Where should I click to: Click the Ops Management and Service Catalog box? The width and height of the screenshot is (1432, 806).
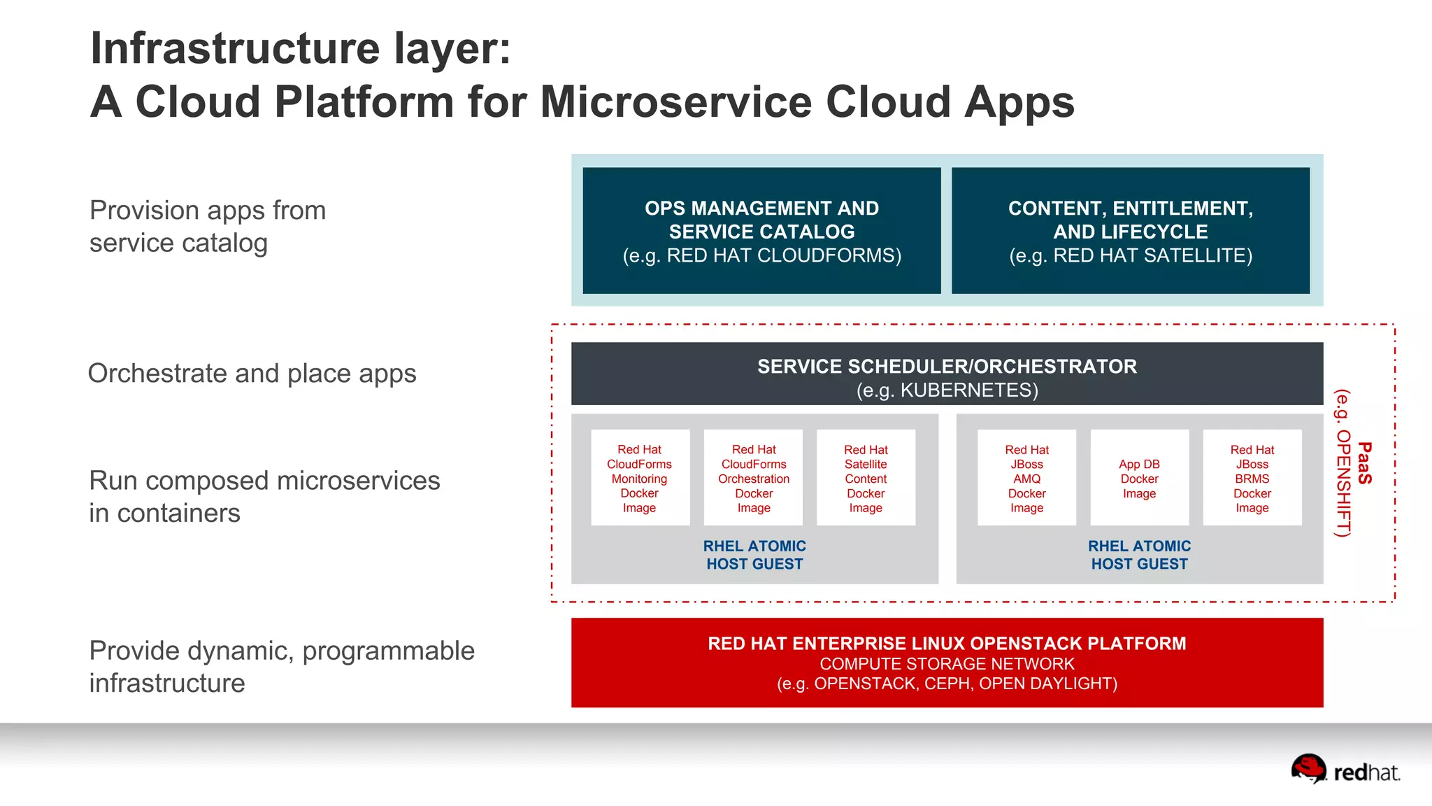(761, 231)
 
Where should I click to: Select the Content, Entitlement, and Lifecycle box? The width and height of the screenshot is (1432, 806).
(1130, 231)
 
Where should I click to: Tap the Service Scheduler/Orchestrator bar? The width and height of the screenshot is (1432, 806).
(947, 374)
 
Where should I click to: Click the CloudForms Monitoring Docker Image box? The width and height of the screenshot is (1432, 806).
(640, 478)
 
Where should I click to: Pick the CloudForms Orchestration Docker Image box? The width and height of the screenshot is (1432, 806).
(753, 478)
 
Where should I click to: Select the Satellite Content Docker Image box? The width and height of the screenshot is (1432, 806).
(866, 478)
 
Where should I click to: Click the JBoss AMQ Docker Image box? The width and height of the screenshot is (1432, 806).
(1026, 478)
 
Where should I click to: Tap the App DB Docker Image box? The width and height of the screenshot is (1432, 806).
(1139, 478)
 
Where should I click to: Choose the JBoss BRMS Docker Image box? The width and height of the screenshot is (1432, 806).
(1252, 478)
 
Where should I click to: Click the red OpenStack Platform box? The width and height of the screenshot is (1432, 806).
(947, 662)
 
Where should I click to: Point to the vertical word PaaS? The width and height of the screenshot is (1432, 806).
(1364, 463)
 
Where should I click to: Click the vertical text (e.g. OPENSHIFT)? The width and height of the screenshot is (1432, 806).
(1342, 463)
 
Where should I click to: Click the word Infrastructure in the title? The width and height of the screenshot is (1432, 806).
(235, 49)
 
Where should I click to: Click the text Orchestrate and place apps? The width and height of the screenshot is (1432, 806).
(252, 374)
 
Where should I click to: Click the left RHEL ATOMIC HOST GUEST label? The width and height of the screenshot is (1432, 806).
(754, 555)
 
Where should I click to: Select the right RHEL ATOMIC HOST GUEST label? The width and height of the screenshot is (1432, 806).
(1139, 555)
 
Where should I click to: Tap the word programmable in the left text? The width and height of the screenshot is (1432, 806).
(388, 651)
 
